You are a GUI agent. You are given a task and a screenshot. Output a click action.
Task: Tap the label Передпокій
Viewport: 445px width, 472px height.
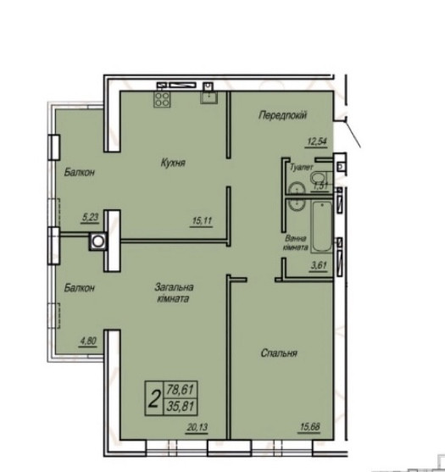tap(282, 115)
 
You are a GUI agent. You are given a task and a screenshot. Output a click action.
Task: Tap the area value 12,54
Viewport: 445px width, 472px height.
tap(319, 142)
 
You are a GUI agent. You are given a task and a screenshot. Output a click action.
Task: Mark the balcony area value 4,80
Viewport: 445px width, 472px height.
tap(88, 342)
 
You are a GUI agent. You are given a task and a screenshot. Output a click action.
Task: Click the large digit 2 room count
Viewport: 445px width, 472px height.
tap(153, 398)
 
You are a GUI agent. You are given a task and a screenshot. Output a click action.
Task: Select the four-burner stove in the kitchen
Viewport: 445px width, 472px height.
tap(161, 99)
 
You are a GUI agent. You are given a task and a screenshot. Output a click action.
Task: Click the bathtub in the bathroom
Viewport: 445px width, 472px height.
tap(321, 227)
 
